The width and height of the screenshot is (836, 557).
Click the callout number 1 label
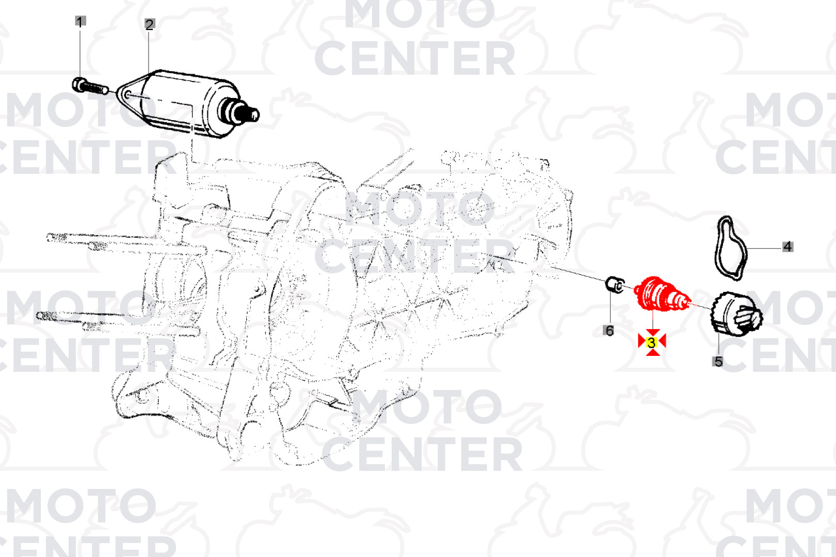[x=80, y=21]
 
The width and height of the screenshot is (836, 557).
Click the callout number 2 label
[x=149, y=25]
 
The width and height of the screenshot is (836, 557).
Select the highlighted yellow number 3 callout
[x=652, y=342]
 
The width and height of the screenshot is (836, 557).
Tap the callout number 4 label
[x=787, y=247]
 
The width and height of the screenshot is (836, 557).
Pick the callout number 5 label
[x=718, y=361]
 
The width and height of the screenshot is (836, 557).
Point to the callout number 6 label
[x=609, y=331]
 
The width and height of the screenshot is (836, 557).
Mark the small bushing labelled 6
[x=615, y=286]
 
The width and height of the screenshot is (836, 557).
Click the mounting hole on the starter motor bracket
[x=127, y=94]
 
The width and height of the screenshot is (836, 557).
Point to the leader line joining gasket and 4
[x=765, y=248]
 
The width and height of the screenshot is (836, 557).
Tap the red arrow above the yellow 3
[x=652, y=333]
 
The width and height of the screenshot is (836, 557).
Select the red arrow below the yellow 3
[x=652, y=352]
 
